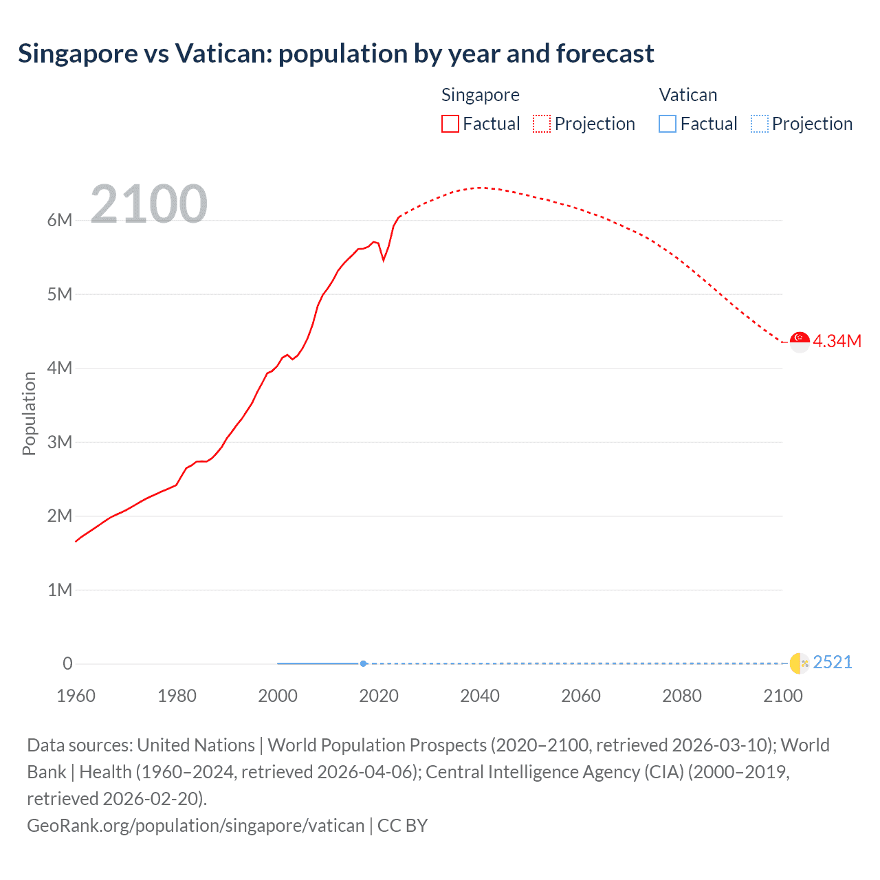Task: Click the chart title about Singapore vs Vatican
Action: tap(335, 54)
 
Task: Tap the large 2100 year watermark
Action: tap(148, 204)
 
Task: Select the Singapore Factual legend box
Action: tap(450, 124)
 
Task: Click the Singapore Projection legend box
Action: tap(542, 124)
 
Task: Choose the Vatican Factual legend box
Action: tap(668, 124)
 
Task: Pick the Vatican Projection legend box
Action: tap(760, 124)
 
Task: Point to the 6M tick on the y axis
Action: tap(60, 221)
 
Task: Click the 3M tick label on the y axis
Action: tap(60, 442)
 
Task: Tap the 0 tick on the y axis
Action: tap(67, 663)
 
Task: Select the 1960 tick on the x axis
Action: tap(76, 696)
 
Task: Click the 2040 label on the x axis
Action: tap(480, 696)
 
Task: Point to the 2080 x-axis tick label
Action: tap(682, 696)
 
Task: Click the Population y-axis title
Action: tap(29, 413)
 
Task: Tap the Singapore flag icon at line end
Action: tap(800, 341)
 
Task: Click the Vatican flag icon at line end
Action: tap(800, 663)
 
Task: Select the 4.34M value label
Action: tap(837, 341)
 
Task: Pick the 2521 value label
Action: tap(833, 662)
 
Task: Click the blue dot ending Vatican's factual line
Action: tap(363, 663)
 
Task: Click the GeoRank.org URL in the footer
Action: tap(195, 825)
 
